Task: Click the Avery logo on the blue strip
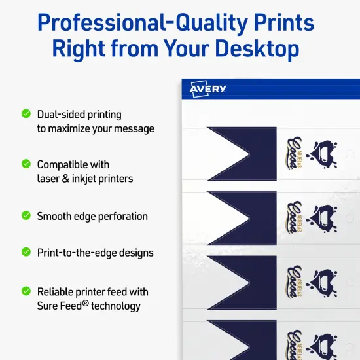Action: click(x=207, y=90)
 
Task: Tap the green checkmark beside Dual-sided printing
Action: click(x=26, y=113)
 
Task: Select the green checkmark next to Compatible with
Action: click(x=26, y=164)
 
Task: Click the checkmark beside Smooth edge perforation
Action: click(x=26, y=215)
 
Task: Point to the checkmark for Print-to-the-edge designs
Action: click(x=26, y=251)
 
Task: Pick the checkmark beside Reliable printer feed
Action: click(x=26, y=291)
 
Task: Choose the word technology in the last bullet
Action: click(x=117, y=306)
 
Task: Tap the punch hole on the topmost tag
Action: click(x=350, y=154)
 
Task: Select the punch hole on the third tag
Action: click(x=350, y=283)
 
